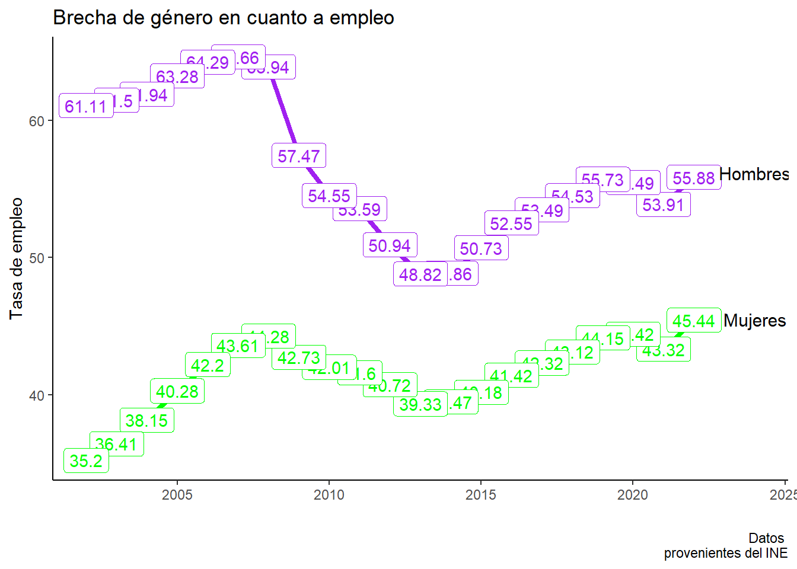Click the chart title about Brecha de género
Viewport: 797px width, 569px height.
tap(224, 18)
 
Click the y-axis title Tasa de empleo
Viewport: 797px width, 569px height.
tap(16, 258)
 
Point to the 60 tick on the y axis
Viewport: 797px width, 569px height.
tap(37, 122)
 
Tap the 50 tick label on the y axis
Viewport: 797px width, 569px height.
tap(37, 258)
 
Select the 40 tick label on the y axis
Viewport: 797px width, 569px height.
tap(37, 395)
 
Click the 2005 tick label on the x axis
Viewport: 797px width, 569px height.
tap(177, 495)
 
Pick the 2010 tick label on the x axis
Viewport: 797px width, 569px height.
tap(329, 495)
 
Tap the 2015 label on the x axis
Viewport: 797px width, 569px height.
tap(480, 495)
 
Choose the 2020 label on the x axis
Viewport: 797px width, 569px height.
tap(632, 495)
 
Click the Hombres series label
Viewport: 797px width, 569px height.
tap(754, 174)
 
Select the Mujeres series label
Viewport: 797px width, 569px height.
tap(754, 321)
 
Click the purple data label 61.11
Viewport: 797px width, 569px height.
tap(86, 107)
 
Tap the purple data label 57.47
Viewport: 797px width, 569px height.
tap(298, 156)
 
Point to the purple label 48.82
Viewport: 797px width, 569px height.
tap(420, 275)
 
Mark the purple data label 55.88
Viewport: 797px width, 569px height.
tap(693, 178)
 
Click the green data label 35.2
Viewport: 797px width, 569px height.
tap(86, 461)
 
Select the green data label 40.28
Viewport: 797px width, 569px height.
tap(177, 392)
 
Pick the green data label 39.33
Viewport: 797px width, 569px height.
tap(420, 405)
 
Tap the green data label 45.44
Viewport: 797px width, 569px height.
tap(693, 321)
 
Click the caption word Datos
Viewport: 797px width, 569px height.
tap(766, 538)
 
